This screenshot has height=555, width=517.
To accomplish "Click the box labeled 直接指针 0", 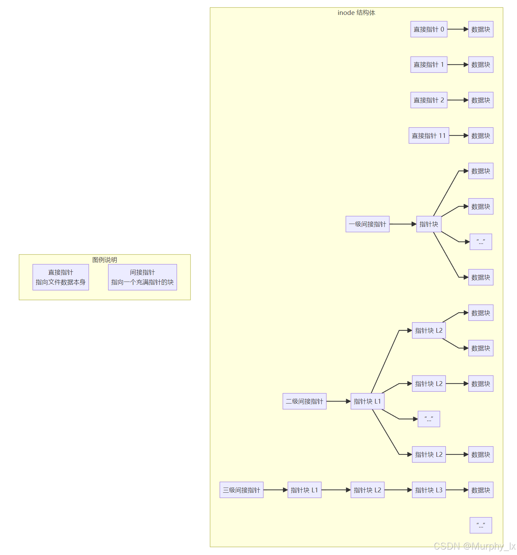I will click(429, 29).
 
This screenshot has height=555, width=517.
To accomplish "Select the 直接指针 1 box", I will click(429, 65).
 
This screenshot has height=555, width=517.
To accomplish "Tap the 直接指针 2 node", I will click(429, 100).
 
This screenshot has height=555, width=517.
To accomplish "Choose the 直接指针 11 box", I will click(429, 136).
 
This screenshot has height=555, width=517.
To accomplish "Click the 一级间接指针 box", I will click(367, 224).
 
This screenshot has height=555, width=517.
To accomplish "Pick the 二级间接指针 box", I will click(304, 402).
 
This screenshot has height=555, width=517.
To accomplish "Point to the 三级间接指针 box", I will click(241, 490).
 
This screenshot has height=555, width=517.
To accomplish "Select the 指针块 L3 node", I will click(429, 490).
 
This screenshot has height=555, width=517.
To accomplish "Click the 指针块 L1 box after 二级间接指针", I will click(367, 402).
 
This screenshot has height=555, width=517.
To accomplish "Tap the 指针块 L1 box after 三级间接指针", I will click(304, 490).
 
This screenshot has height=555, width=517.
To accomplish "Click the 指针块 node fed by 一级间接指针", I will click(429, 224).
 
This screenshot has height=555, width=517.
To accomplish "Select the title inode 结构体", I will click(356, 13).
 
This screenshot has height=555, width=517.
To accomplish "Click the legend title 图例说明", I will click(104, 260).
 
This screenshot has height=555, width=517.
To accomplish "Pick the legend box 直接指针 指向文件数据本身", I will click(61, 277).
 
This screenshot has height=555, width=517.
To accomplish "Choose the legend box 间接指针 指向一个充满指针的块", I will click(142, 277).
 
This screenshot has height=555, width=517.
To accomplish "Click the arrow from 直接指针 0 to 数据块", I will click(457, 29).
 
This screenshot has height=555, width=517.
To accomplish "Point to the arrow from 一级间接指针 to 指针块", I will click(402, 224).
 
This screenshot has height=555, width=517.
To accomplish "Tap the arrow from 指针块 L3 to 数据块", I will click(457, 490).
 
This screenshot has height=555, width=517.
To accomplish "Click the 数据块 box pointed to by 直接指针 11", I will click(480, 136).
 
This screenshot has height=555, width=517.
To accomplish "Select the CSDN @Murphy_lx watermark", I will click(474, 546).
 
